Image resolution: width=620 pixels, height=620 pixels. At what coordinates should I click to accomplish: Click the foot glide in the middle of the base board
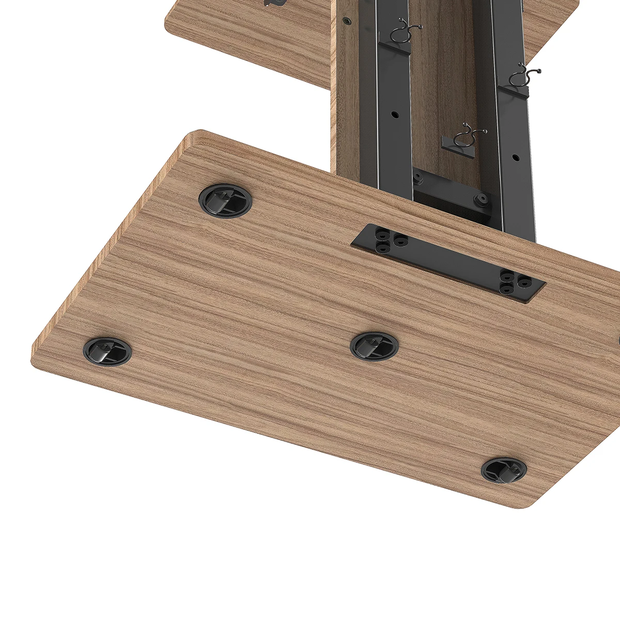click(374, 346)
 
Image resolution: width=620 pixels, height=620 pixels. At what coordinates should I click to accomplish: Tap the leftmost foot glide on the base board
click(107, 351)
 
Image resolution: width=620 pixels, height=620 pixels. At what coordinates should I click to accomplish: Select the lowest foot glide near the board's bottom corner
click(504, 470)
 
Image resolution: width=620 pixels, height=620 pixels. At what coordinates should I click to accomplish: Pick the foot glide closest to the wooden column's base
click(226, 199)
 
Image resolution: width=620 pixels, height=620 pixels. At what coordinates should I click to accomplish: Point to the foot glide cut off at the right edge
click(617, 341)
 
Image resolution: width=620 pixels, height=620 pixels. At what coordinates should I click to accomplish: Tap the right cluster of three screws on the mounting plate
click(515, 283)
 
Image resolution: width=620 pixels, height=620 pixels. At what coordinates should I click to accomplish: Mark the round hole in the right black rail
click(515, 157)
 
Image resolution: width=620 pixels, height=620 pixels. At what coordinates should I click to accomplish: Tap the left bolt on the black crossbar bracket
click(417, 179)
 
